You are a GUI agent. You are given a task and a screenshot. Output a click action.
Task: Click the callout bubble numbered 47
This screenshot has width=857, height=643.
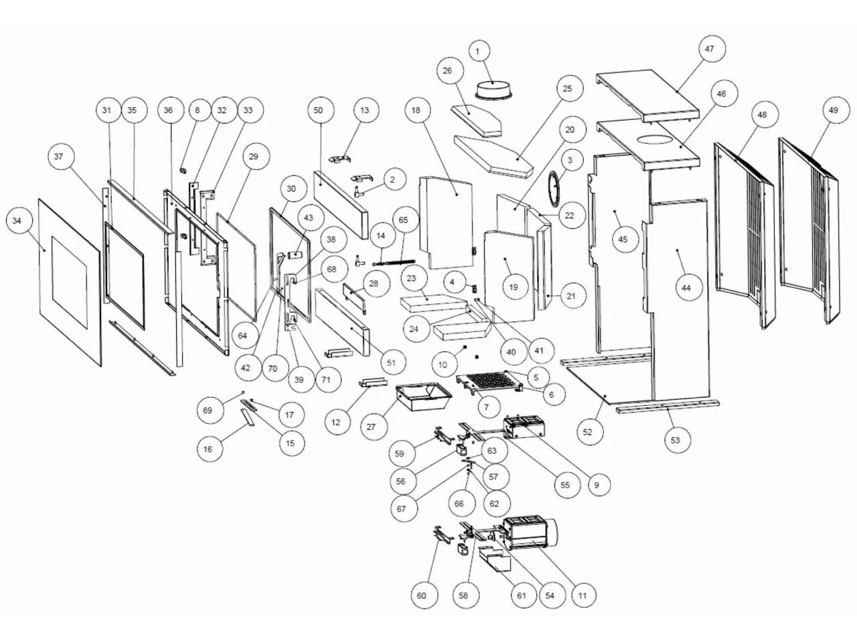point(709,49)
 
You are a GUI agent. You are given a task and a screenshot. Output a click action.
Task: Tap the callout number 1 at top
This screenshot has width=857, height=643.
point(478,50)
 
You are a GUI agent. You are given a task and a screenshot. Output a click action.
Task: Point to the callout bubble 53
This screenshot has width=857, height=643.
point(676,440)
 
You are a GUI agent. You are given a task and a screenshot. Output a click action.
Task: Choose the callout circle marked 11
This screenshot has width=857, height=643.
point(582,595)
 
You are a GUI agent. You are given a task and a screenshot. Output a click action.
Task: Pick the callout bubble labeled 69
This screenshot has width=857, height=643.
point(208,409)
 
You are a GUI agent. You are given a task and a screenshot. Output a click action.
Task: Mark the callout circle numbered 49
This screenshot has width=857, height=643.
point(833,113)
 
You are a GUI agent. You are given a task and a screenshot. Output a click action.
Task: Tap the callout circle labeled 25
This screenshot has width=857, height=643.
point(568,88)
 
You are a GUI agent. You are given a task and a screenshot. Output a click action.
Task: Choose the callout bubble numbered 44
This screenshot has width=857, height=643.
point(686,288)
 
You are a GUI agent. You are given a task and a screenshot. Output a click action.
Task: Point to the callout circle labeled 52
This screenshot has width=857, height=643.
point(587,432)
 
